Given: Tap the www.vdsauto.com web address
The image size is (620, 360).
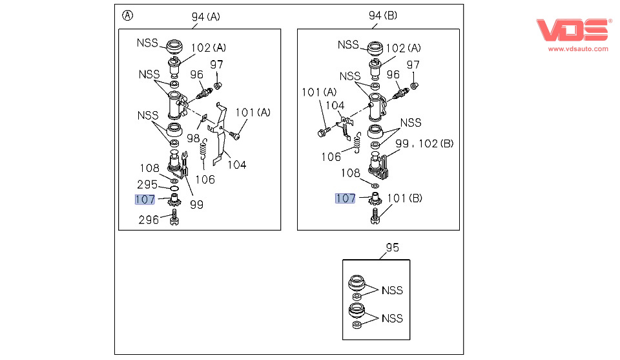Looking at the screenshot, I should point(578,49).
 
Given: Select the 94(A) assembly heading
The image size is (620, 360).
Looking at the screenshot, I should point(205,17).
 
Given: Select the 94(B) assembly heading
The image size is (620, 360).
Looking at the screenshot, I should point(382,17).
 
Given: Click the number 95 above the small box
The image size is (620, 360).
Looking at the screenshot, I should point(392,248).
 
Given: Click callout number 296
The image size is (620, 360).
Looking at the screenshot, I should point(149,220).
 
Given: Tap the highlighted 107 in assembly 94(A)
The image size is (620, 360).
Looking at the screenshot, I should point(145,200).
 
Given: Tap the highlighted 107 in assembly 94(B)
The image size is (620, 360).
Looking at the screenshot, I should point(345,198).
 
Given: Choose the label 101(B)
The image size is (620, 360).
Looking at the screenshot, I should point(406,198).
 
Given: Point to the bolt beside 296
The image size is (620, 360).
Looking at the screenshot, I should point(173,220).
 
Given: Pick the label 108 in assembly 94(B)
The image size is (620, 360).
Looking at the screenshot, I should point(351,173).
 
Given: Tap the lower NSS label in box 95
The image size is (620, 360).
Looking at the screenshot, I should point(392,318).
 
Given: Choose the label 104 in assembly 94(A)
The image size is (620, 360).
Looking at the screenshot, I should point(237,165).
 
